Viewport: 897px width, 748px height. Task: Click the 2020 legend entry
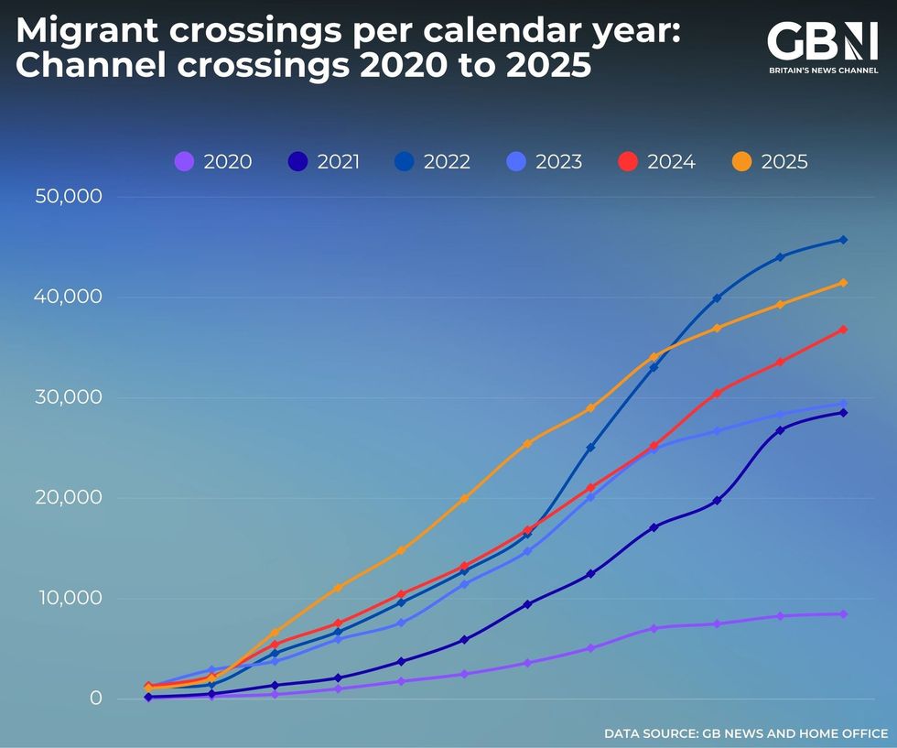point(212,162)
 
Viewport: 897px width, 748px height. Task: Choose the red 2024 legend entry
point(656,162)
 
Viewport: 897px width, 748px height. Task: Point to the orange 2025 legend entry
point(770,162)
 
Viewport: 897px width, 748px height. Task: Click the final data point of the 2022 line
point(843,240)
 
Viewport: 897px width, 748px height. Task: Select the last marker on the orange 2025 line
point(843,283)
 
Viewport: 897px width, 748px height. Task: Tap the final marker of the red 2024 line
point(843,330)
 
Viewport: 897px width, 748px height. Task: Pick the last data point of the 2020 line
point(843,614)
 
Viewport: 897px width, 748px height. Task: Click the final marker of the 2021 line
point(843,413)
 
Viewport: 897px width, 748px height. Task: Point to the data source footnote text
point(745,733)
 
